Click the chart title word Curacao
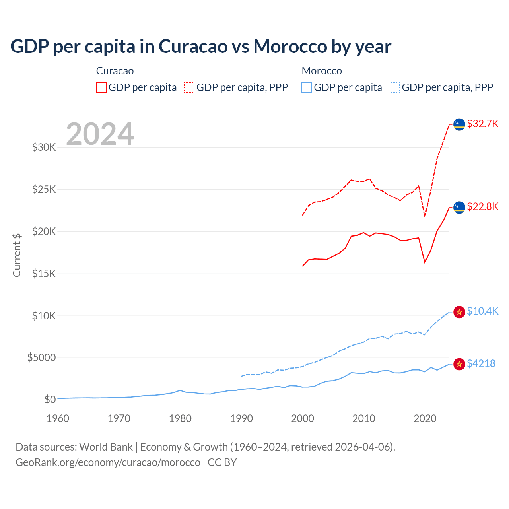[193, 47]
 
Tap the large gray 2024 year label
[100, 134]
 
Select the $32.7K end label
[482, 124]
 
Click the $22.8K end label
[482, 206]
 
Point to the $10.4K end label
[482, 311]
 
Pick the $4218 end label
[481, 363]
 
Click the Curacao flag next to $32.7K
[459, 124]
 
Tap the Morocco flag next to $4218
[459, 364]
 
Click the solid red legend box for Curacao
[101, 87]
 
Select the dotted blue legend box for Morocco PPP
[395, 87]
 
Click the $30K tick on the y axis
[44, 148]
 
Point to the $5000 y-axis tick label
[41, 357]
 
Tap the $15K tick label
[44, 274]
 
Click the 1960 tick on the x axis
[58, 418]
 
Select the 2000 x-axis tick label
[303, 418]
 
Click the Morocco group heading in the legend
[322, 71]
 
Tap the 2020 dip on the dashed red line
[425, 216]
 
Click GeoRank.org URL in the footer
[108, 462]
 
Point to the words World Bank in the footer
[106, 447]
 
